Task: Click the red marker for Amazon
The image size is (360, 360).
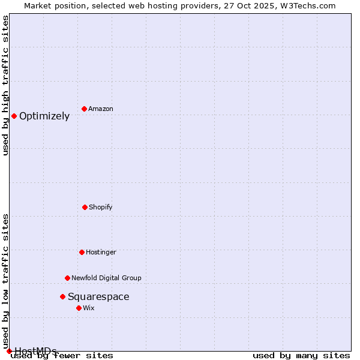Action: coord(85,109)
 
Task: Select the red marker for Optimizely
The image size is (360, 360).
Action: coord(14,116)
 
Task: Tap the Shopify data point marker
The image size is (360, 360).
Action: coord(85,207)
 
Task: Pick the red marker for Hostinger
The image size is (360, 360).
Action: coord(82,252)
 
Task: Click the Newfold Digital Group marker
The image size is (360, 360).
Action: coord(67,278)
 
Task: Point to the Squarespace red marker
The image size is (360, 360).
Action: coord(62,296)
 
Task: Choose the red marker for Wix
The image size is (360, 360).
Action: coord(79,308)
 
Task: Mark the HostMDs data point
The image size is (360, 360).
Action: coord(9,351)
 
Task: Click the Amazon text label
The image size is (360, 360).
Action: coord(101,109)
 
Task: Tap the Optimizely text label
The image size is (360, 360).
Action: coord(44,116)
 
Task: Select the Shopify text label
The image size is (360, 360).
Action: coord(101,207)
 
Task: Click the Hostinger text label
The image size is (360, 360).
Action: coord(101,252)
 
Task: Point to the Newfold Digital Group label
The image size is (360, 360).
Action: coord(106,278)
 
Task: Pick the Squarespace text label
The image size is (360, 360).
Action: coord(98,296)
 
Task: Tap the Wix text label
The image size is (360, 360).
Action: coord(89,308)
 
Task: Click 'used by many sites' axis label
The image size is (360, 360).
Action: coord(301,355)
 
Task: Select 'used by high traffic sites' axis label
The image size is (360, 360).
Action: coord(5,85)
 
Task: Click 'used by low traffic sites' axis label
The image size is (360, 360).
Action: coord(5,281)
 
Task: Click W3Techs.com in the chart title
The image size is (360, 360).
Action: coord(310,5)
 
